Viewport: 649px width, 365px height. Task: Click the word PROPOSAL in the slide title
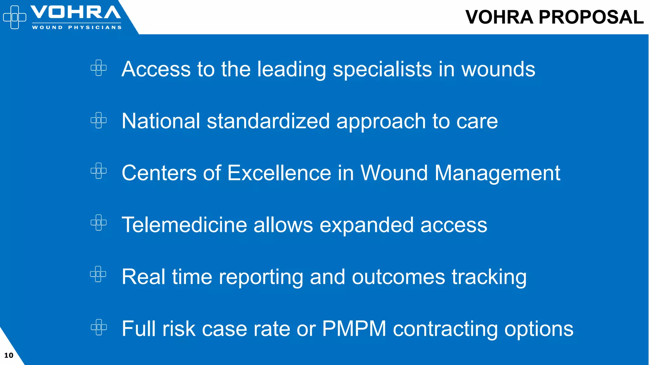click(591, 17)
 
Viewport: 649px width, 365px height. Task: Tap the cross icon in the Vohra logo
click(15, 17)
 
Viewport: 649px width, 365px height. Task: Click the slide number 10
click(9, 355)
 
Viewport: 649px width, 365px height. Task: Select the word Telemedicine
click(184, 225)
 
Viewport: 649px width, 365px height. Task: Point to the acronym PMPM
click(354, 329)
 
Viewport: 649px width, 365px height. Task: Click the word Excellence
click(279, 173)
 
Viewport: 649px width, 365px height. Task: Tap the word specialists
click(382, 69)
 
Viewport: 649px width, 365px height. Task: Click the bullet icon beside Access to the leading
click(99, 68)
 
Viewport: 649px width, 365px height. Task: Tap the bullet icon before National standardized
click(99, 120)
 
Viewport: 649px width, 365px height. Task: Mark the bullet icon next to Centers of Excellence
click(99, 171)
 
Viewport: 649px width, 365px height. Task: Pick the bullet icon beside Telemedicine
click(99, 222)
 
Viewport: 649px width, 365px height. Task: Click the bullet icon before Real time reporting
click(98, 274)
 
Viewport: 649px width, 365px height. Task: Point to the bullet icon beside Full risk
click(99, 327)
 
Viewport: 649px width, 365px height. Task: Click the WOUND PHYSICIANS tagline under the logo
click(77, 28)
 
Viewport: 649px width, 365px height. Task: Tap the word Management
click(497, 173)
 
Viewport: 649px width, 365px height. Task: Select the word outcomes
click(398, 277)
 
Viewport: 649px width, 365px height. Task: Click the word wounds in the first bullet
click(498, 69)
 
